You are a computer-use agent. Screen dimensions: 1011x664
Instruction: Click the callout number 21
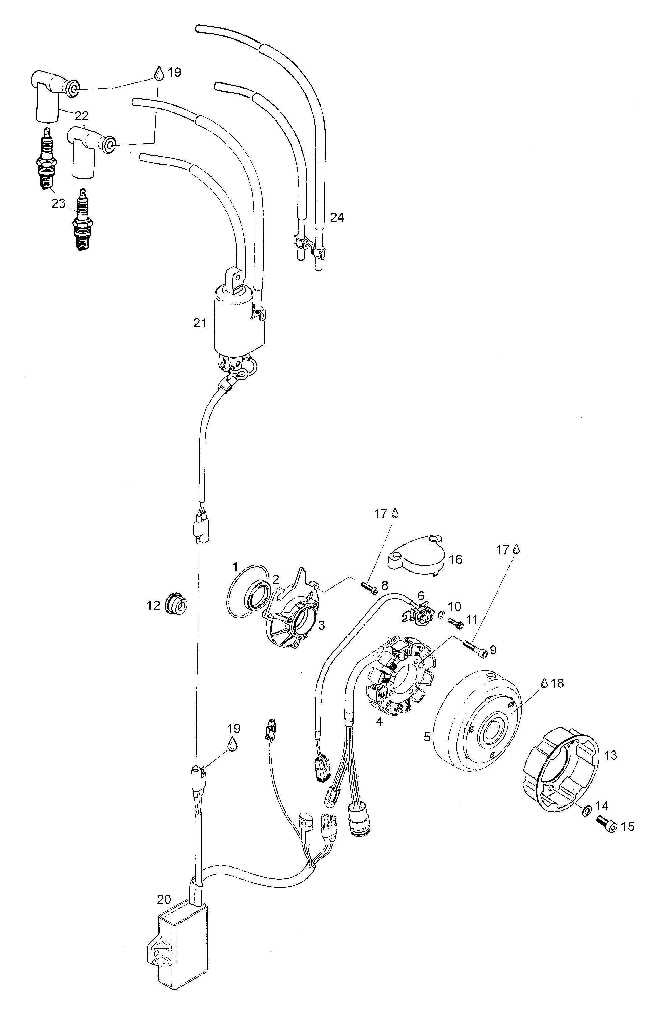pyautogui.click(x=200, y=323)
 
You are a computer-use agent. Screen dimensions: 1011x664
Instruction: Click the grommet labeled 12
pyautogui.click(x=175, y=605)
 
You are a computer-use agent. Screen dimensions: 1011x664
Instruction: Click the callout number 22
pyautogui.click(x=82, y=115)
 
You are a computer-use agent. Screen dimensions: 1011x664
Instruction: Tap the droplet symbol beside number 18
pyautogui.click(x=543, y=683)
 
